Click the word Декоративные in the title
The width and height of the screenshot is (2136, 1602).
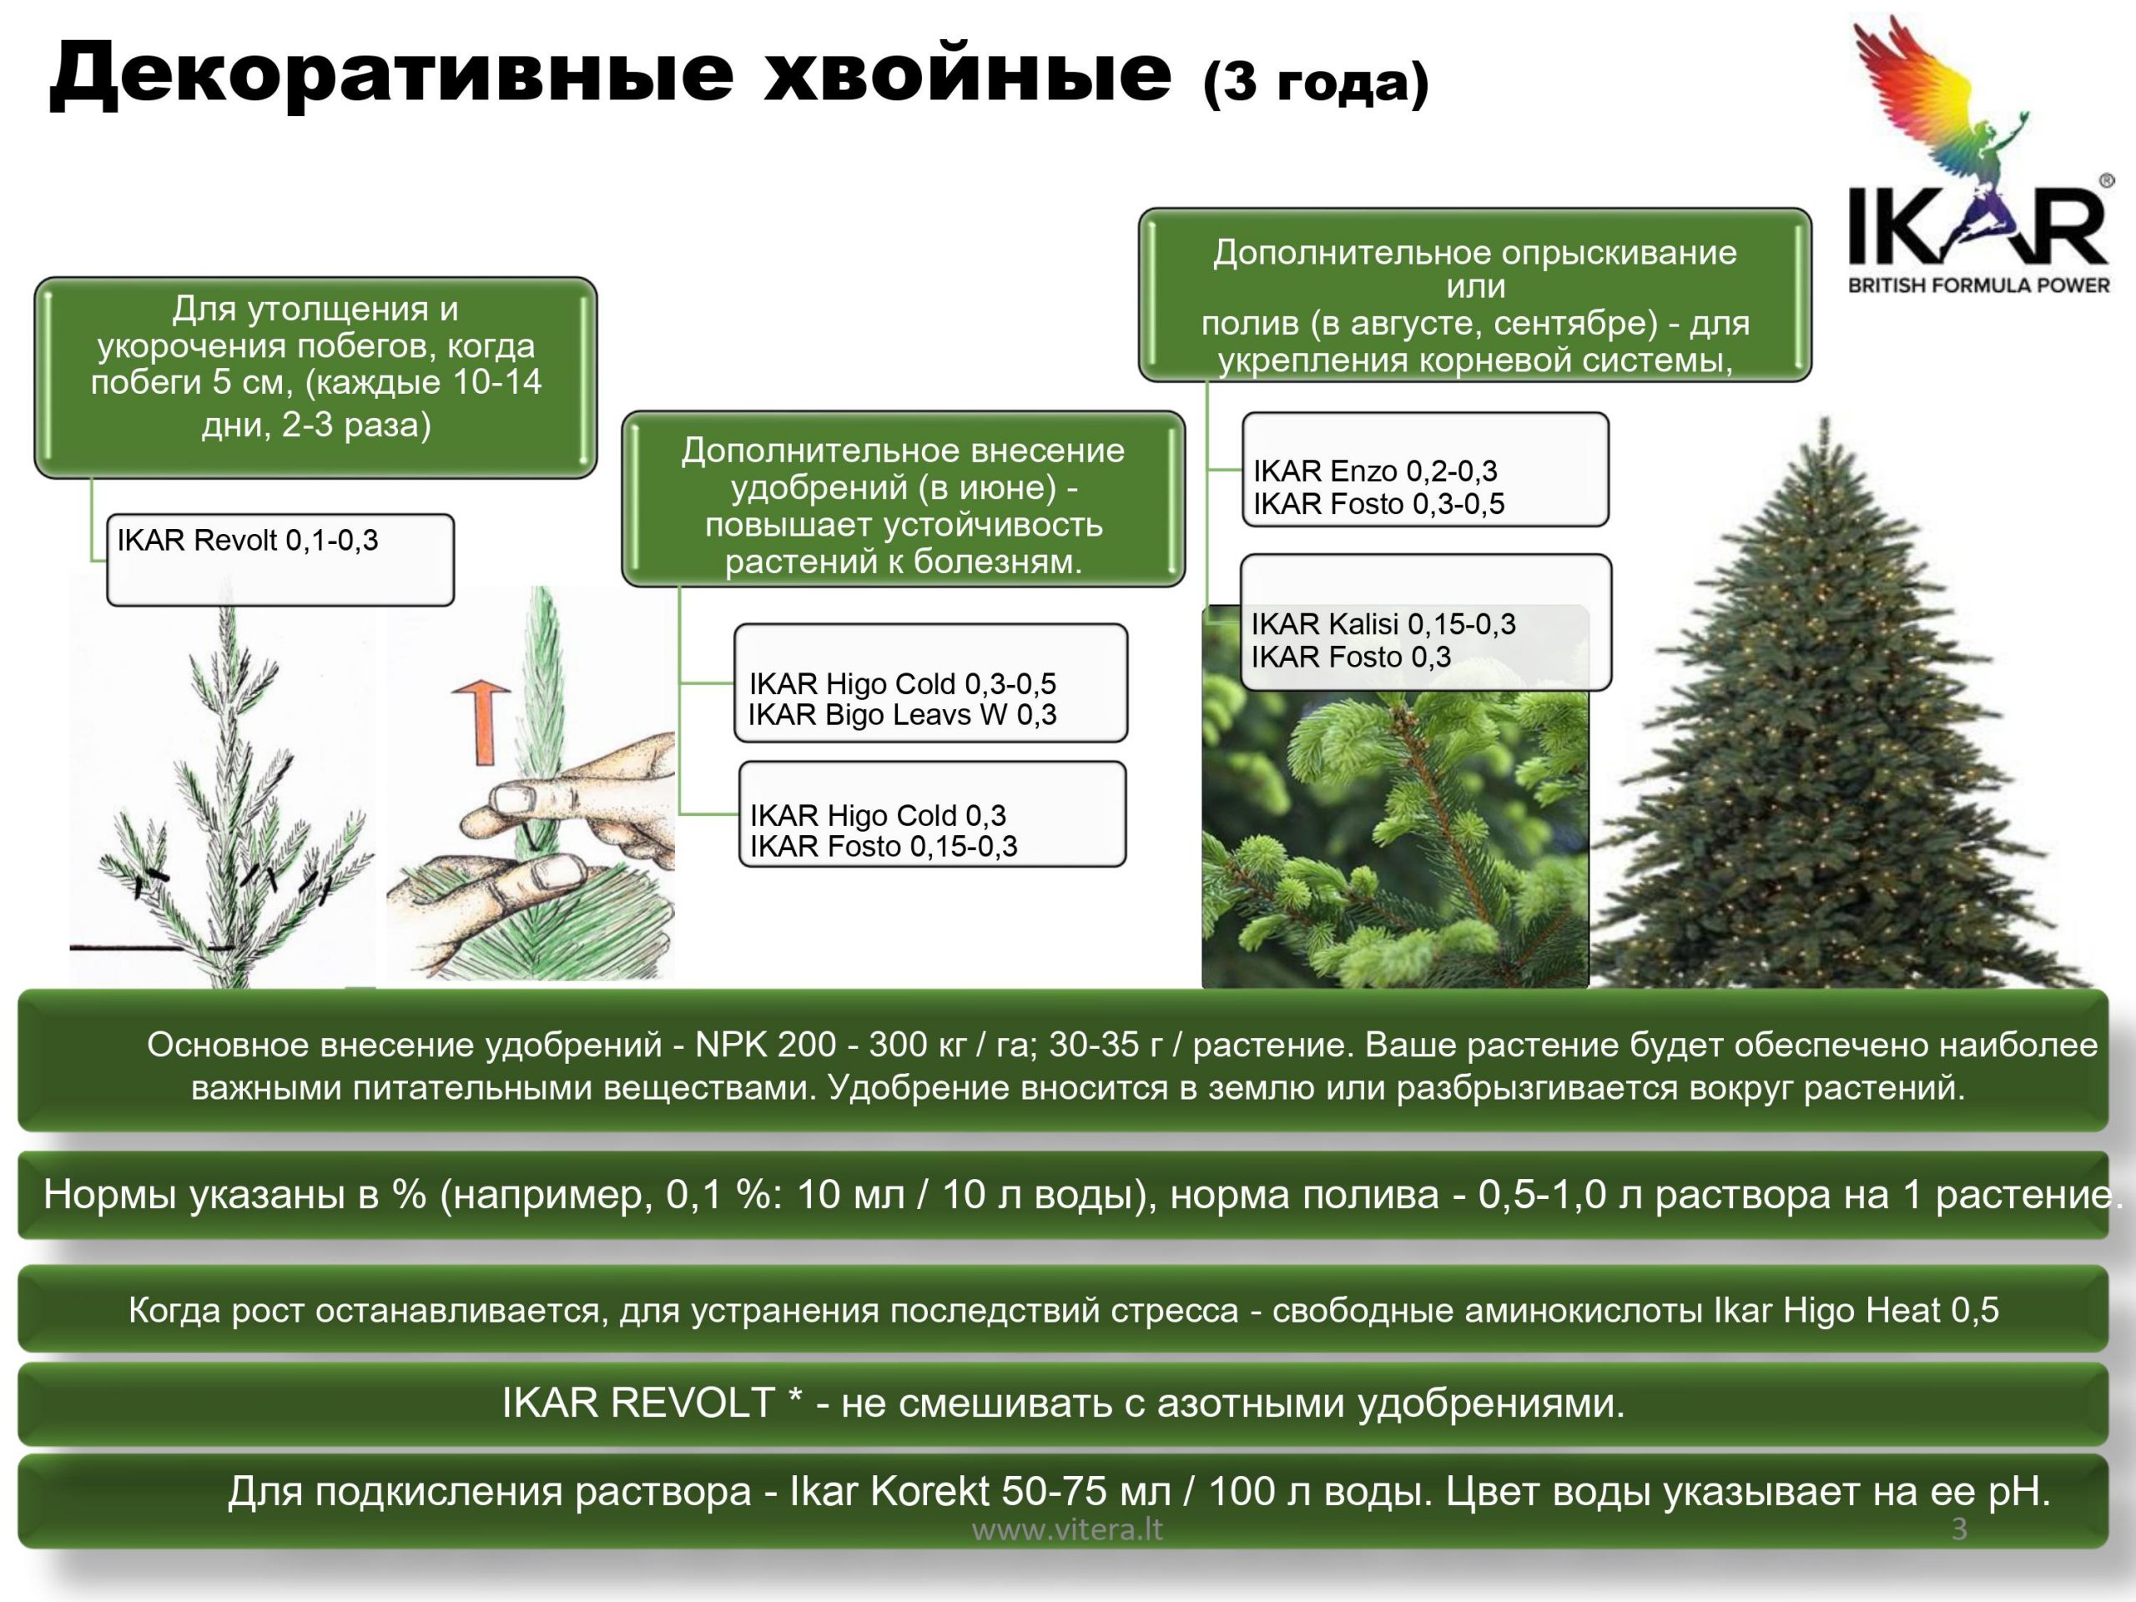point(392,75)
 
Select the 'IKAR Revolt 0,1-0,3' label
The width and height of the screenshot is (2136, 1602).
point(247,540)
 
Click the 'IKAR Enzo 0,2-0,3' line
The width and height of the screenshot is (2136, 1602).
point(1375,471)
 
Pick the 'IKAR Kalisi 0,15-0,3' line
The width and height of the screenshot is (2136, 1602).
point(1383,624)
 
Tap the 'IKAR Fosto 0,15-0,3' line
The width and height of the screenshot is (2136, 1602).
point(884,846)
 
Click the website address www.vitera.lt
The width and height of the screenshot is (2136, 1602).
point(1067,1529)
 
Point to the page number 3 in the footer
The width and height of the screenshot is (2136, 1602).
point(1959,1529)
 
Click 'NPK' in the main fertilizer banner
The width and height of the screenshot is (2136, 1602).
point(731,1045)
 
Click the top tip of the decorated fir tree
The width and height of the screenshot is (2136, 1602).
point(1824,417)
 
